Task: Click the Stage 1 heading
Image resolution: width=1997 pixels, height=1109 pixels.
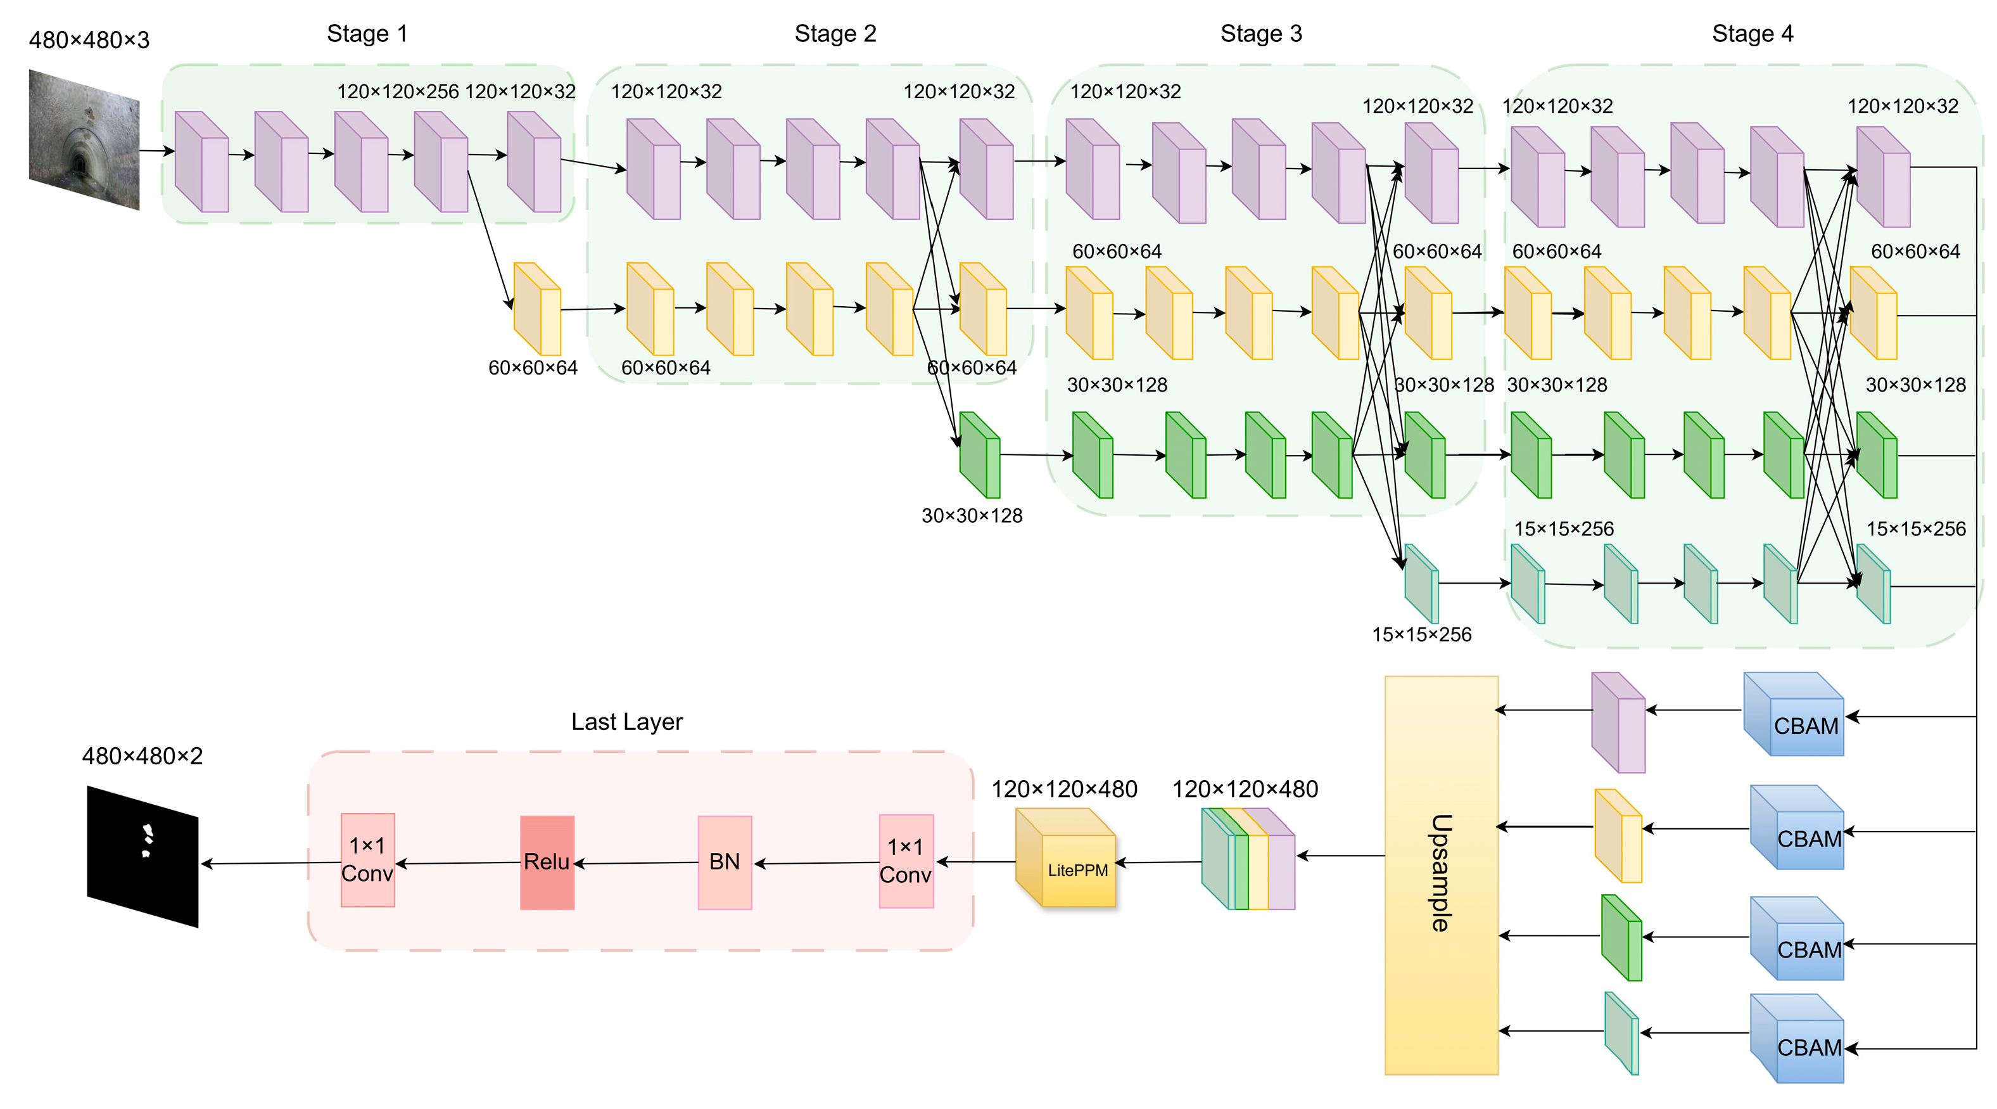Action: tap(367, 34)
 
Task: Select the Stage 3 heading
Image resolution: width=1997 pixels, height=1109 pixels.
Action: tap(1260, 34)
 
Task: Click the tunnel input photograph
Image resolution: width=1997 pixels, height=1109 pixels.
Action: tap(84, 139)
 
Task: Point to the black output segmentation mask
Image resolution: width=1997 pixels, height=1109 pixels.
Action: tap(143, 856)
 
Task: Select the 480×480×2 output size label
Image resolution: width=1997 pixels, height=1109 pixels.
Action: tap(143, 755)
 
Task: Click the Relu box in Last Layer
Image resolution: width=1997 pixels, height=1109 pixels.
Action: tap(547, 862)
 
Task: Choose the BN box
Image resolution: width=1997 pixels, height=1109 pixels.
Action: tap(724, 862)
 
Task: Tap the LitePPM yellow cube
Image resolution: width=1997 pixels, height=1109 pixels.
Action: tap(1066, 859)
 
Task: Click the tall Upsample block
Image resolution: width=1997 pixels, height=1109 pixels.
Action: tap(1440, 874)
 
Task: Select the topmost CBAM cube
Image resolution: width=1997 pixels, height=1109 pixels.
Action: tap(1793, 714)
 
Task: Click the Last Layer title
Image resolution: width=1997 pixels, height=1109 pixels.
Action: tap(626, 721)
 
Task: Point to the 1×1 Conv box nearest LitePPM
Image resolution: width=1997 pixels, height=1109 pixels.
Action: tap(906, 860)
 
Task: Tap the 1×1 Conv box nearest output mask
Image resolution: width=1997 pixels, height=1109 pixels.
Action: tap(367, 859)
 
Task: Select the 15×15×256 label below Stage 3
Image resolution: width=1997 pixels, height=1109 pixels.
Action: tap(1421, 634)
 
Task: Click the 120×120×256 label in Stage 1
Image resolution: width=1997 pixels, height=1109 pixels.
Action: tap(398, 91)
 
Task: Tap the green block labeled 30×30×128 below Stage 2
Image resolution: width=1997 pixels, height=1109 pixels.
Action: tap(980, 455)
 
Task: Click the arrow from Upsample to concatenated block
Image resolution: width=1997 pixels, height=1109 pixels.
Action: tap(1341, 856)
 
